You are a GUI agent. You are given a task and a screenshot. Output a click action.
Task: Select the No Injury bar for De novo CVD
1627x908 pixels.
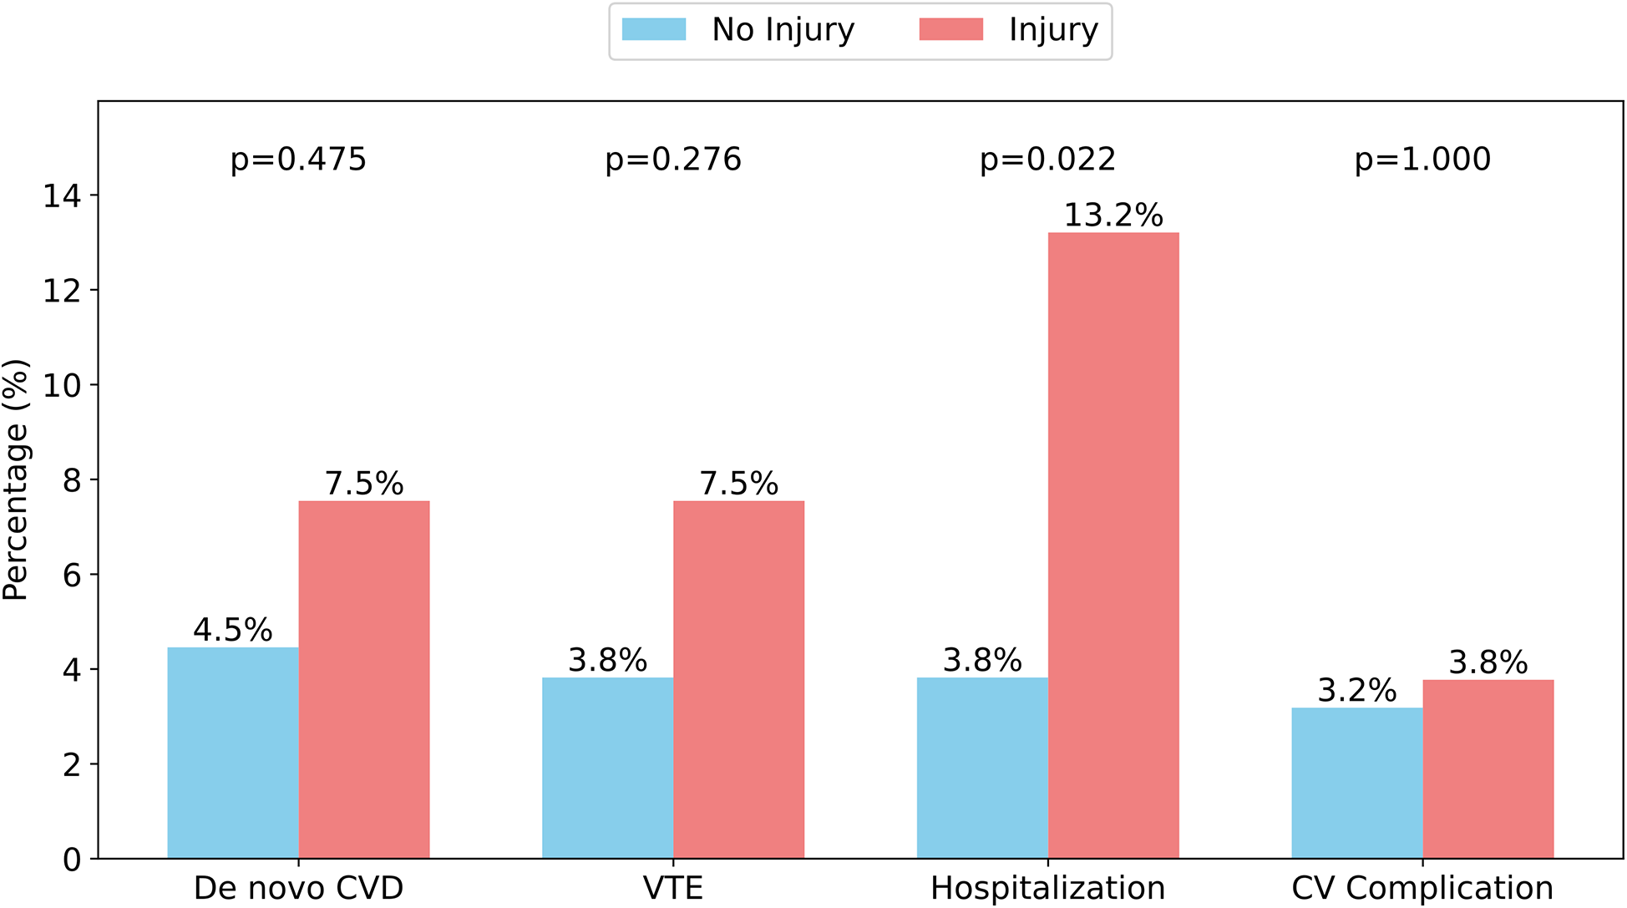[233, 753]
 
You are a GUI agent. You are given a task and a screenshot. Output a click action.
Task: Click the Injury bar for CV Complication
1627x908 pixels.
[1488, 769]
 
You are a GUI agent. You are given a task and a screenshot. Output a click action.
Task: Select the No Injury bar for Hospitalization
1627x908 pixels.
[982, 768]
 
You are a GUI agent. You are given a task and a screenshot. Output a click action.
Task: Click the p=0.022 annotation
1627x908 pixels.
[1047, 159]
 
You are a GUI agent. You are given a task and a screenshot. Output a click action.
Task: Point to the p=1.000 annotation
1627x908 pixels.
[1422, 159]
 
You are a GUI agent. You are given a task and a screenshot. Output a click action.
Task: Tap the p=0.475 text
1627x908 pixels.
[298, 159]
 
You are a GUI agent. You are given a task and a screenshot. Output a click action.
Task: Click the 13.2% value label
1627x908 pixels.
[1113, 216]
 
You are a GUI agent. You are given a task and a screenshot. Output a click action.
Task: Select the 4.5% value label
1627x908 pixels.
[233, 630]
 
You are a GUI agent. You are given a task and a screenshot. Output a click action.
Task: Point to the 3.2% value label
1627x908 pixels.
[1356, 690]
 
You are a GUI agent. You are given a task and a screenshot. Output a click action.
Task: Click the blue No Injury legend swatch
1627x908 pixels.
[654, 30]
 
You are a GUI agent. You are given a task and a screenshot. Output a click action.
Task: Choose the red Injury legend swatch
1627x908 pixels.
[950, 30]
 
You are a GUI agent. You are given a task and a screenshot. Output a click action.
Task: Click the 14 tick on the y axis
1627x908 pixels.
[62, 195]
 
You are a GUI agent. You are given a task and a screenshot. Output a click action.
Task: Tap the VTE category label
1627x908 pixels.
[673, 888]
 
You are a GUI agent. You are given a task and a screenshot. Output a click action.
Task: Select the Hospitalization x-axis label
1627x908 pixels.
[1047, 888]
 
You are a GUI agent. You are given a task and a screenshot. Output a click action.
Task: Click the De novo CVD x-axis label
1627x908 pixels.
[298, 888]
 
